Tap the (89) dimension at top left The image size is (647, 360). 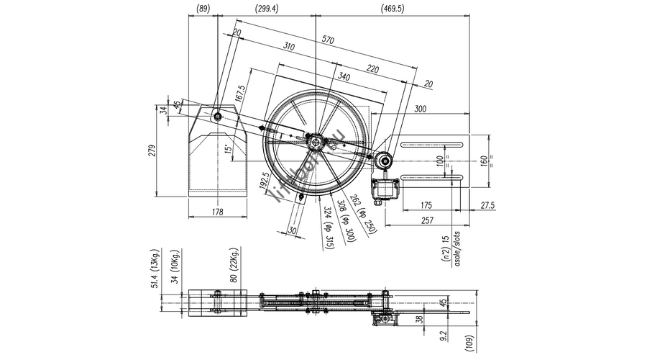click(203, 9)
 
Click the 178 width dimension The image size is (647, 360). click(219, 212)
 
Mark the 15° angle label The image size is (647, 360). click(228, 150)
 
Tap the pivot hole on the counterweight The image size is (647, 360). click(217, 114)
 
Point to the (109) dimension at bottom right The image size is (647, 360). click(468, 343)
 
